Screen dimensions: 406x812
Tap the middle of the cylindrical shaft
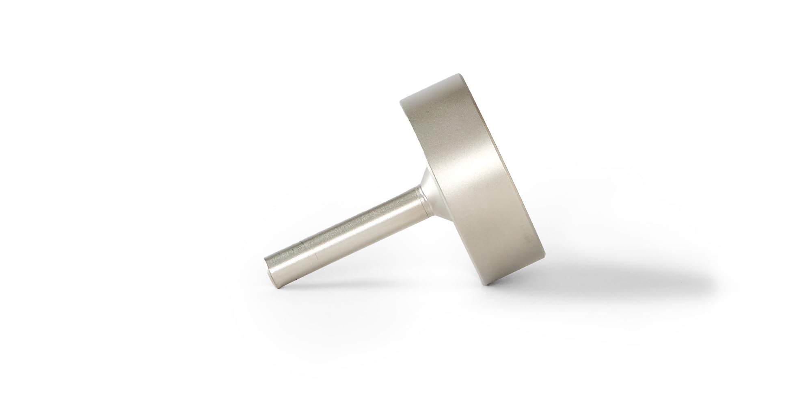pyautogui.click(x=345, y=232)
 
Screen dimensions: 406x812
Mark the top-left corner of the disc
pyautogui.click(x=402, y=101)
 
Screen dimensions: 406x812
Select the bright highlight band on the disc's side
pyautogui.click(x=459, y=171)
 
